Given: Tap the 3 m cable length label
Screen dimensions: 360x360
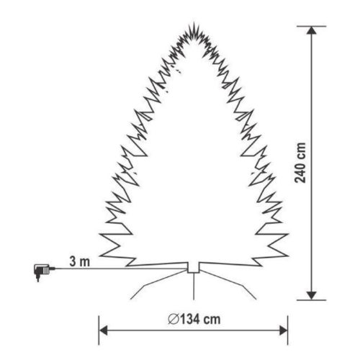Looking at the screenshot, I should [x=80, y=261].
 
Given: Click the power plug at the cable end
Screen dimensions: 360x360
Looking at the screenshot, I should [x=41, y=272].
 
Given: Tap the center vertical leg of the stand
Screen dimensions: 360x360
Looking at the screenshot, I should [x=193, y=287].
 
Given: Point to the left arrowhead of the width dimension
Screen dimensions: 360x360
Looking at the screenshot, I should [x=104, y=330].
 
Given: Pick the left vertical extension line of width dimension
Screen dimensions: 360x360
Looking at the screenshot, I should [x=99, y=328].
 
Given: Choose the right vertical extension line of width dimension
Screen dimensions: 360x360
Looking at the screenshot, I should [x=288, y=328].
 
